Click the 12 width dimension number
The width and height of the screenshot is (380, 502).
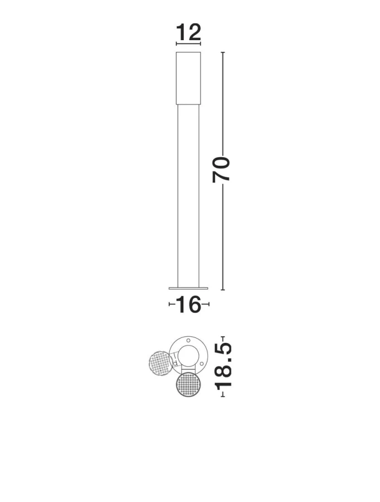(188, 32)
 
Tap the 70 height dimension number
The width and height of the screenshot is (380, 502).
(221, 170)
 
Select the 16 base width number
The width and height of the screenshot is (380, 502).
(188, 305)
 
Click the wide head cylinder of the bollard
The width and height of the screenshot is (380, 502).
(188, 78)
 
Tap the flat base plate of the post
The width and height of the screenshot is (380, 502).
(188, 288)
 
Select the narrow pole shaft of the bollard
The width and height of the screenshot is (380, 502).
(188, 196)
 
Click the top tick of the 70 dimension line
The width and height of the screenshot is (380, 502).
(223, 52)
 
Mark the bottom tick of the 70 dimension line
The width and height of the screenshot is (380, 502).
(223, 290)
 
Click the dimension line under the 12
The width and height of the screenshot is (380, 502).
(188, 43)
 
